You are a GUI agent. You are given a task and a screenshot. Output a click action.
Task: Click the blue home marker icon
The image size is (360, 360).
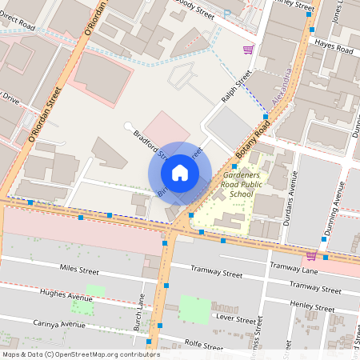180,173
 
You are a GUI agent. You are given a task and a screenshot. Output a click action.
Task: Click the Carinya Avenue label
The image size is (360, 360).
54,325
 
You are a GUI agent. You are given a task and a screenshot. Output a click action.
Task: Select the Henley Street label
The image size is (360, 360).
311,306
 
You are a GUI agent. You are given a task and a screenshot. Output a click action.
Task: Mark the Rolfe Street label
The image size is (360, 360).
203,347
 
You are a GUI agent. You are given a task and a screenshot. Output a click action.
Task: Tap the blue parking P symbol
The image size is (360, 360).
226,14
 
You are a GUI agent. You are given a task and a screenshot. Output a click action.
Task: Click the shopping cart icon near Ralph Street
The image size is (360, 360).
248,49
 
